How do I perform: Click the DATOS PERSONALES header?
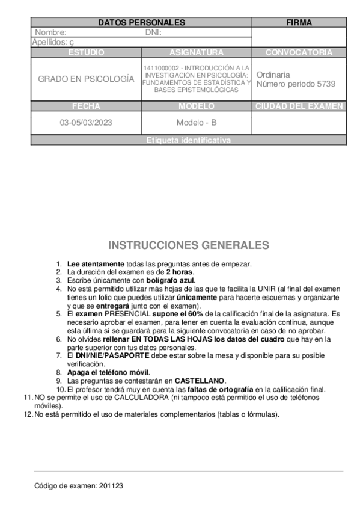click(x=141, y=23)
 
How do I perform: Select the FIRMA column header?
click(x=299, y=23)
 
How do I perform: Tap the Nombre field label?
click(x=50, y=32)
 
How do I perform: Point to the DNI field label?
click(x=153, y=32)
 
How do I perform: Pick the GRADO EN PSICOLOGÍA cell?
click(x=86, y=79)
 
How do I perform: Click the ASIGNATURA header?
click(x=196, y=52)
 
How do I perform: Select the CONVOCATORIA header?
click(x=299, y=52)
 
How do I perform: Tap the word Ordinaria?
click(x=273, y=75)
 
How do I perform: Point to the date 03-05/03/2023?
click(x=86, y=122)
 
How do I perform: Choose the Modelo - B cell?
click(x=196, y=122)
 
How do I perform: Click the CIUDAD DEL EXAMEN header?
click(x=299, y=106)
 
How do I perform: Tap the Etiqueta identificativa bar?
click(x=188, y=140)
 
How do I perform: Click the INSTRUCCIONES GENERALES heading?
click(x=188, y=245)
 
